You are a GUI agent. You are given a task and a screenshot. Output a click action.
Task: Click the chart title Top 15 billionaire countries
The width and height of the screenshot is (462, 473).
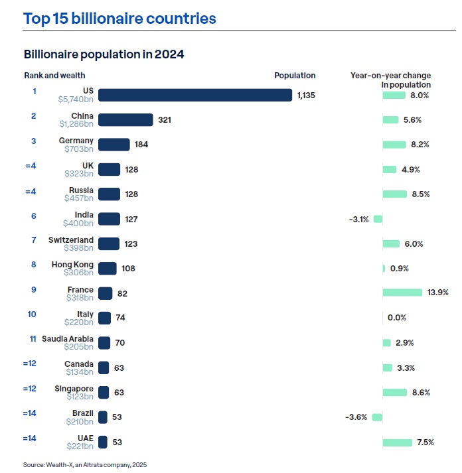point(120,18)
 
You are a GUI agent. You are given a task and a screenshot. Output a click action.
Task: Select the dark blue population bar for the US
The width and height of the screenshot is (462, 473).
point(195,95)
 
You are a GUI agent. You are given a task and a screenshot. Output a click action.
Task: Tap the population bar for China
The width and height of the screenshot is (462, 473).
point(125,119)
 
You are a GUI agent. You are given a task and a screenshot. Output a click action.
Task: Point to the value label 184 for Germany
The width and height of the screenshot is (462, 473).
point(141,145)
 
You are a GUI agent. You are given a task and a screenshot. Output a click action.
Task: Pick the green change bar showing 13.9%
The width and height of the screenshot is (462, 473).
point(402,293)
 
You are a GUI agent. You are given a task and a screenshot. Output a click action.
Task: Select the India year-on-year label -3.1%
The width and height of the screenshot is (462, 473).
point(358,219)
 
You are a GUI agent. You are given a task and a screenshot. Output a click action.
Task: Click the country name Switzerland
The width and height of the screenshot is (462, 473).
point(72,239)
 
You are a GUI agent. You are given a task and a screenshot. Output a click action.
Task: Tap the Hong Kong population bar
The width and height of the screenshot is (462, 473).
point(107,268)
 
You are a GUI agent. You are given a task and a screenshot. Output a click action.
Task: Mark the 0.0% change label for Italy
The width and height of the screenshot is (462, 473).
point(396,318)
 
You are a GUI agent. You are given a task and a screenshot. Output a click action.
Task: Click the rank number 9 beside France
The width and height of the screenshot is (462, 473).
point(33,289)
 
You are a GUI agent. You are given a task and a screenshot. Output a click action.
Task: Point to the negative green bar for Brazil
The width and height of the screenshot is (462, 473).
point(377,417)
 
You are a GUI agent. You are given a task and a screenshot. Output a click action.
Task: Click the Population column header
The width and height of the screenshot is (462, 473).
point(295,76)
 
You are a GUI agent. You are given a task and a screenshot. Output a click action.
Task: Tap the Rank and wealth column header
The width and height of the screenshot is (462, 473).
point(54,76)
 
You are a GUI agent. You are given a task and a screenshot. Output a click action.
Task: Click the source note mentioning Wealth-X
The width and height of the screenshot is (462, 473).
point(85,465)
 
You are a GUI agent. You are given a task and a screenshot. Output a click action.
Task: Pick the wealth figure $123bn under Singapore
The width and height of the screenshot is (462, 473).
point(80,397)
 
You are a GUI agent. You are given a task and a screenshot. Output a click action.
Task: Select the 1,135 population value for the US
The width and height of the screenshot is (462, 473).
point(306,96)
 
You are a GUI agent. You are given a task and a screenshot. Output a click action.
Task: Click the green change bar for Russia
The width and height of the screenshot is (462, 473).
point(394,194)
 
